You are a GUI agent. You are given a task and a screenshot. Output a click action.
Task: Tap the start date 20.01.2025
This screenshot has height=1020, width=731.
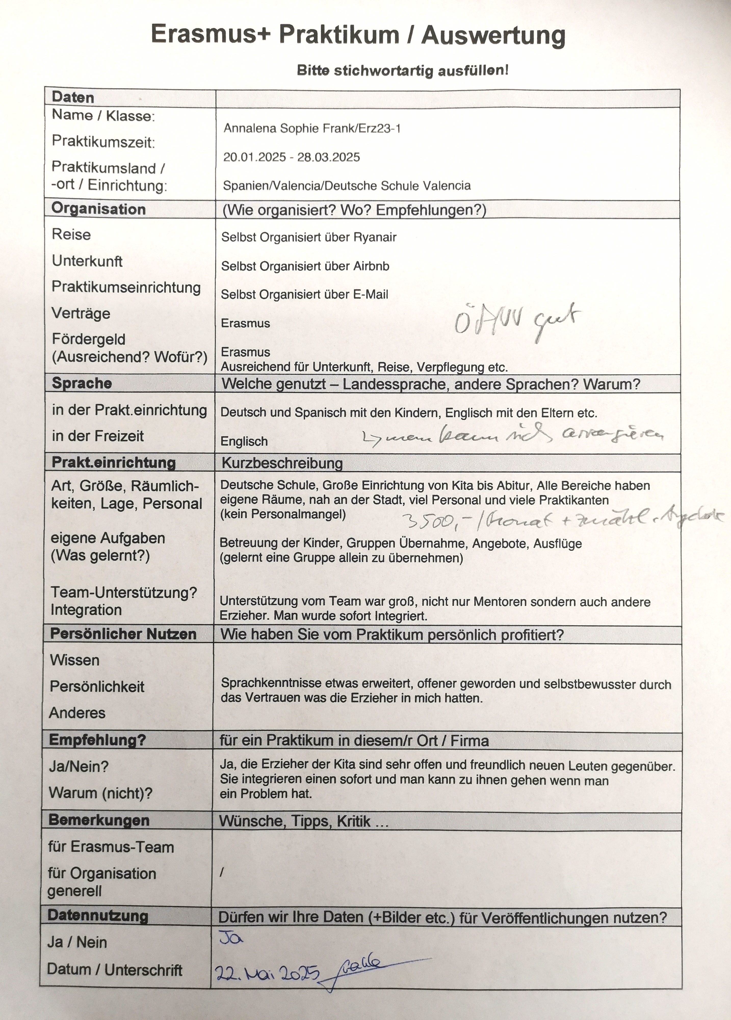[x=254, y=157]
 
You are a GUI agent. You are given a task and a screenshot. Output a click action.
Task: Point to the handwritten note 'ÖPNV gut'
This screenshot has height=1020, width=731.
[x=517, y=321]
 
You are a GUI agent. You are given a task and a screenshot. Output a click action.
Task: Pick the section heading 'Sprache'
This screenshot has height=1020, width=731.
[x=82, y=383]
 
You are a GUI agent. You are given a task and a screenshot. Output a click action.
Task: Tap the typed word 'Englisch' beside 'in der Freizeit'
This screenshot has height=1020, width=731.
[x=244, y=442]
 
